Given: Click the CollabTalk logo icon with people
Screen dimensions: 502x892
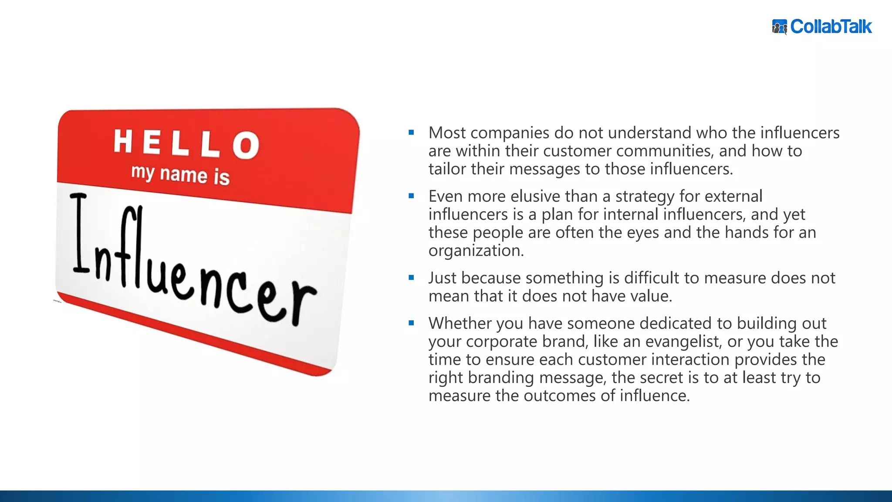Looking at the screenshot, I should click(x=780, y=27).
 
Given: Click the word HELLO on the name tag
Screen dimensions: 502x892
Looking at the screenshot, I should click(x=186, y=143).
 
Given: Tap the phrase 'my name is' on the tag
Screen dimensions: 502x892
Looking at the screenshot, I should click(x=180, y=175).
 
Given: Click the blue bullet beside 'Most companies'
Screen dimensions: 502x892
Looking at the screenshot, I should click(x=411, y=132).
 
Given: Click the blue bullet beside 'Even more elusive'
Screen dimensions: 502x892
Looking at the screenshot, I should click(x=411, y=196).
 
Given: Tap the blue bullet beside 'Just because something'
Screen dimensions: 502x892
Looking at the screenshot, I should click(x=411, y=278).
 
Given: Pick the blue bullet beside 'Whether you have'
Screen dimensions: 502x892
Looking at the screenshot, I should click(x=411, y=323).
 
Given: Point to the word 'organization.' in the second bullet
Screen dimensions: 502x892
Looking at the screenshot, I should click(x=476, y=251).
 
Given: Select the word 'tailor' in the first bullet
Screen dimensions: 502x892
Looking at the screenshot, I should click(x=447, y=169).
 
